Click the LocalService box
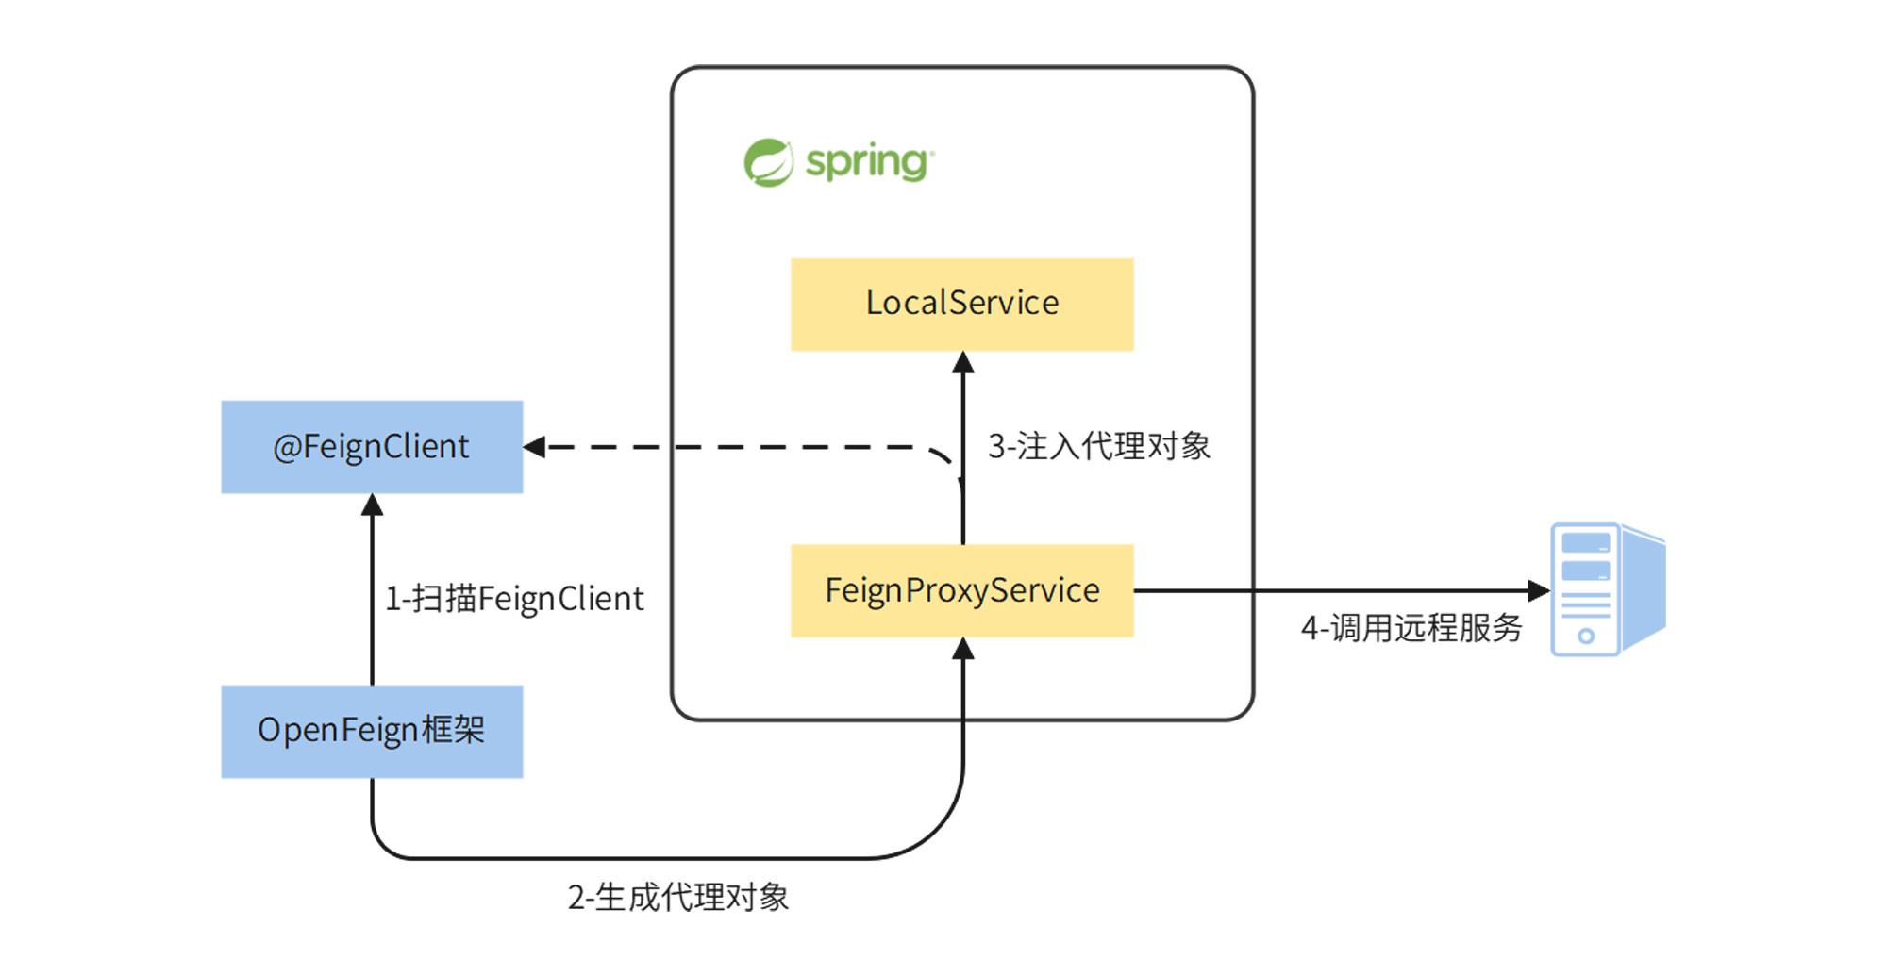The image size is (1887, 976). coord(961,305)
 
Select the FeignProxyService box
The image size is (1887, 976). coord(961,590)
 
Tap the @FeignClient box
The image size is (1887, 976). coord(372,447)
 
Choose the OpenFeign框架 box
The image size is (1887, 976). coord(372,732)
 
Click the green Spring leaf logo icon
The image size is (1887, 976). coord(768,162)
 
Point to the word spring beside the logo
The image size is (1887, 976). coord(868,162)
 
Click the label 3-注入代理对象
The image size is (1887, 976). coord(1098,446)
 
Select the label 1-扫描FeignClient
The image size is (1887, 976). coord(514,599)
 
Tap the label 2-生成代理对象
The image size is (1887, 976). coord(677,897)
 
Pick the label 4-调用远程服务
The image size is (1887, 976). coord(1411,628)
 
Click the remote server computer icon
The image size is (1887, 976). coord(1607,589)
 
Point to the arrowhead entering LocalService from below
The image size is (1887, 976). coord(962,362)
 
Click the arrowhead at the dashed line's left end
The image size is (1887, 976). coord(535,447)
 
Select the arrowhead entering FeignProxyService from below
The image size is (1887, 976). coord(962,649)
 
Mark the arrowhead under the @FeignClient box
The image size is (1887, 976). coord(372,505)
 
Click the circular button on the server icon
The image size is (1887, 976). coord(1586,637)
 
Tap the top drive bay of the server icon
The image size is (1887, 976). coord(1585,543)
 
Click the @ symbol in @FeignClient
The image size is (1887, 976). coord(286,448)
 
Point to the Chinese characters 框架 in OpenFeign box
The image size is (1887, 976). coord(453,730)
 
